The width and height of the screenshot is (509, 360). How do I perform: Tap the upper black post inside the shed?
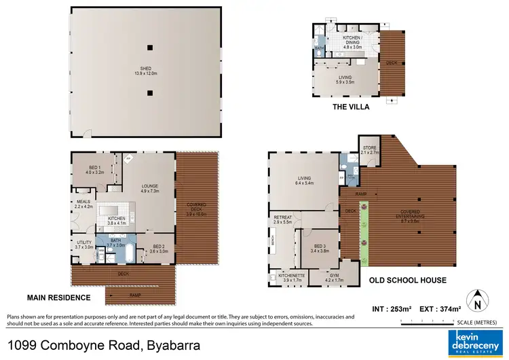151,47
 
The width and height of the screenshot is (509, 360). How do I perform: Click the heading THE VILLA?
351,107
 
